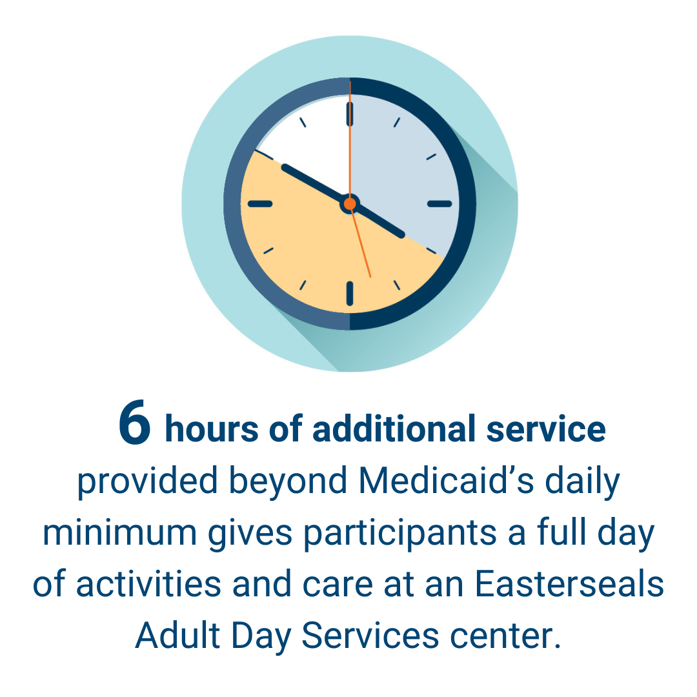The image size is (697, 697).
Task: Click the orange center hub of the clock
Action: pos(350,203)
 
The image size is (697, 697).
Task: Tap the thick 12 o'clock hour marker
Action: pos(350,114)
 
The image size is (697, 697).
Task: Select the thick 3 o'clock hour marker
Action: pos(439,204)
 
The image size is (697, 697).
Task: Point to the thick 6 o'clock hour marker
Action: pos(350,294)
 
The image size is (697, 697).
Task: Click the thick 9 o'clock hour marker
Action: pos(260,204)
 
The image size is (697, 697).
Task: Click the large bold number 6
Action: pos(134,422)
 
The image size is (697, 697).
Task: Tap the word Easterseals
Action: pos(569,583)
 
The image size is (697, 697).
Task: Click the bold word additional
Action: pos(394,429)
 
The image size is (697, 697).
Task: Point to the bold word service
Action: pos(546,430)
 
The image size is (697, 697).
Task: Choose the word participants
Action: pos(400,534)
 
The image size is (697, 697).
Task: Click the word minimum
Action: pos(119,532)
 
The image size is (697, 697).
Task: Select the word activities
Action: pos(149,583)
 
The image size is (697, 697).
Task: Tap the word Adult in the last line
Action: pos(178,635)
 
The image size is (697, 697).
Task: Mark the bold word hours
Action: pos(212,429)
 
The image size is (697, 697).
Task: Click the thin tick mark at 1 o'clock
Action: pos(396,122)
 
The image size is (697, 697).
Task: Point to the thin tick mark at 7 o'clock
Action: pos(303,285)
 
